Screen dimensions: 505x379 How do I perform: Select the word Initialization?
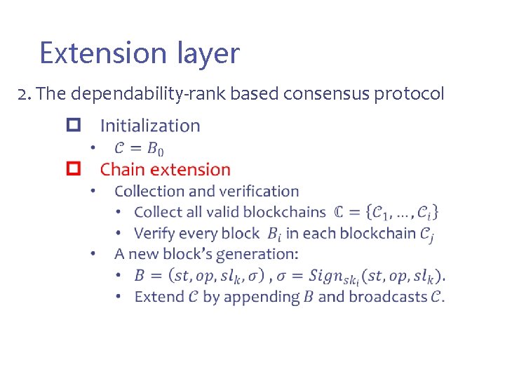pos(150,126)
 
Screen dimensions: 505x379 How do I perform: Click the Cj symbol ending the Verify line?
pos(427,234)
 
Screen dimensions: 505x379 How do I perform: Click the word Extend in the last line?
pos(159,296)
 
